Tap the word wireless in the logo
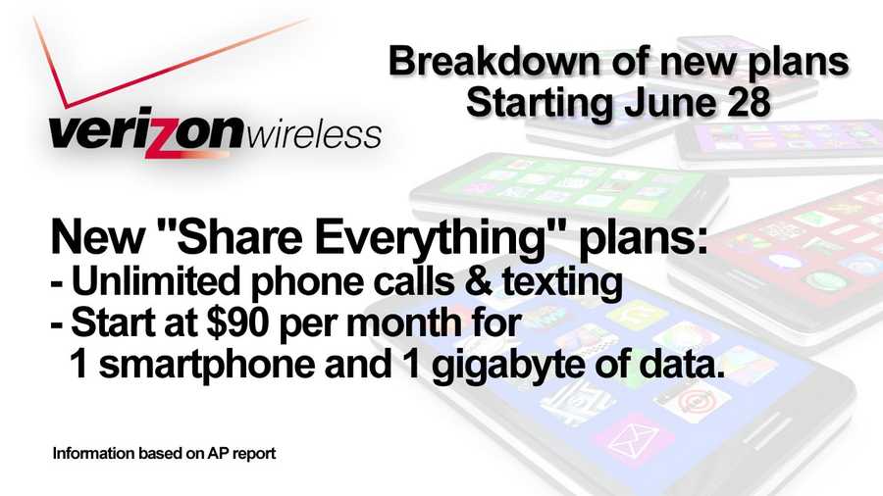[314, 134]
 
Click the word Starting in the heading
[539, 104]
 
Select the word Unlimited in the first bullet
[156, 280]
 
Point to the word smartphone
[207, 366]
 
